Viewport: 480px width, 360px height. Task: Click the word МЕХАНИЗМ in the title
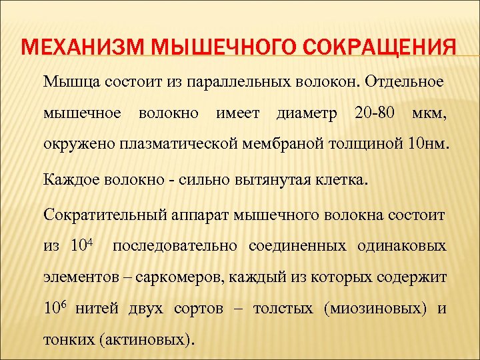[85, 49]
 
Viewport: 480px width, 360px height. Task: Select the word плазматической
[189, 143]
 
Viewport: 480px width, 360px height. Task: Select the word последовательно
[176, 246]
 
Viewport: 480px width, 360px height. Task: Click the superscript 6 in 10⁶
[65, 303]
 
